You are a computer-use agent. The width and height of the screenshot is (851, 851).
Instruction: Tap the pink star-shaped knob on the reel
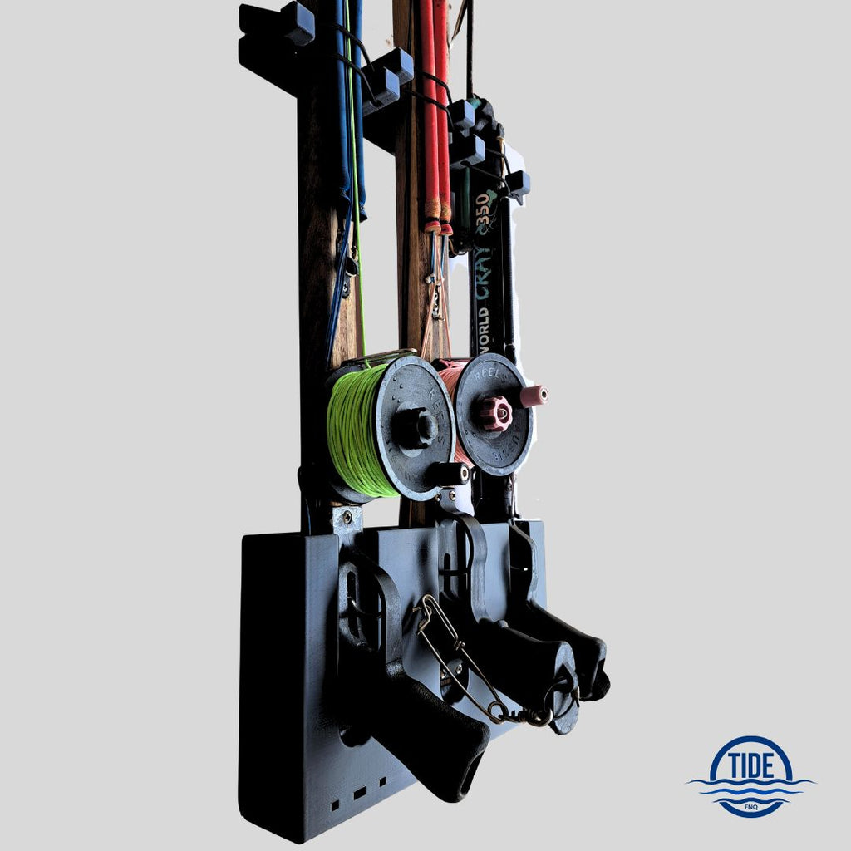495,413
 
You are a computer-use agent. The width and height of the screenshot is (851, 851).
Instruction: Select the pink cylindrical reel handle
533,396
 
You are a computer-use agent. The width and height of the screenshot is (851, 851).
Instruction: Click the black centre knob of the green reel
415,427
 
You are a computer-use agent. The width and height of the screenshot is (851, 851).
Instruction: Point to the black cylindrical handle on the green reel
450,474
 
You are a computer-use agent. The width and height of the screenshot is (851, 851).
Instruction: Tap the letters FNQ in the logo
750,805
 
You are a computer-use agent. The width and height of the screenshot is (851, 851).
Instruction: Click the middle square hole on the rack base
359,794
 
